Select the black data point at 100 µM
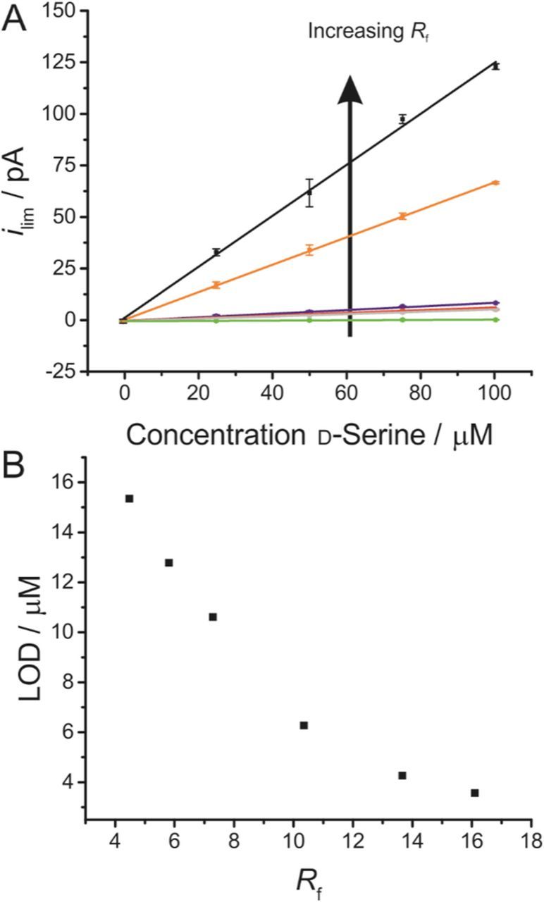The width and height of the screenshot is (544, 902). click(496, 66)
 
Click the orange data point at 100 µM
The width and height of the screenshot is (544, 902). click(496, 183)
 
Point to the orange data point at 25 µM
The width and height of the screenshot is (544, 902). click(216, 285)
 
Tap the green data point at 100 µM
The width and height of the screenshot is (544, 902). click(496, 320)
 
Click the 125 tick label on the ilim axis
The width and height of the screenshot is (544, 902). click(57, 62)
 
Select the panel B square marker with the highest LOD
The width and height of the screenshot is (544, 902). click(129, 498)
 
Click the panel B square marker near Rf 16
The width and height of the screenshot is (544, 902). click(475, 793)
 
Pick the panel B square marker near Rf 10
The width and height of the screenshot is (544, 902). click(304, 725)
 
